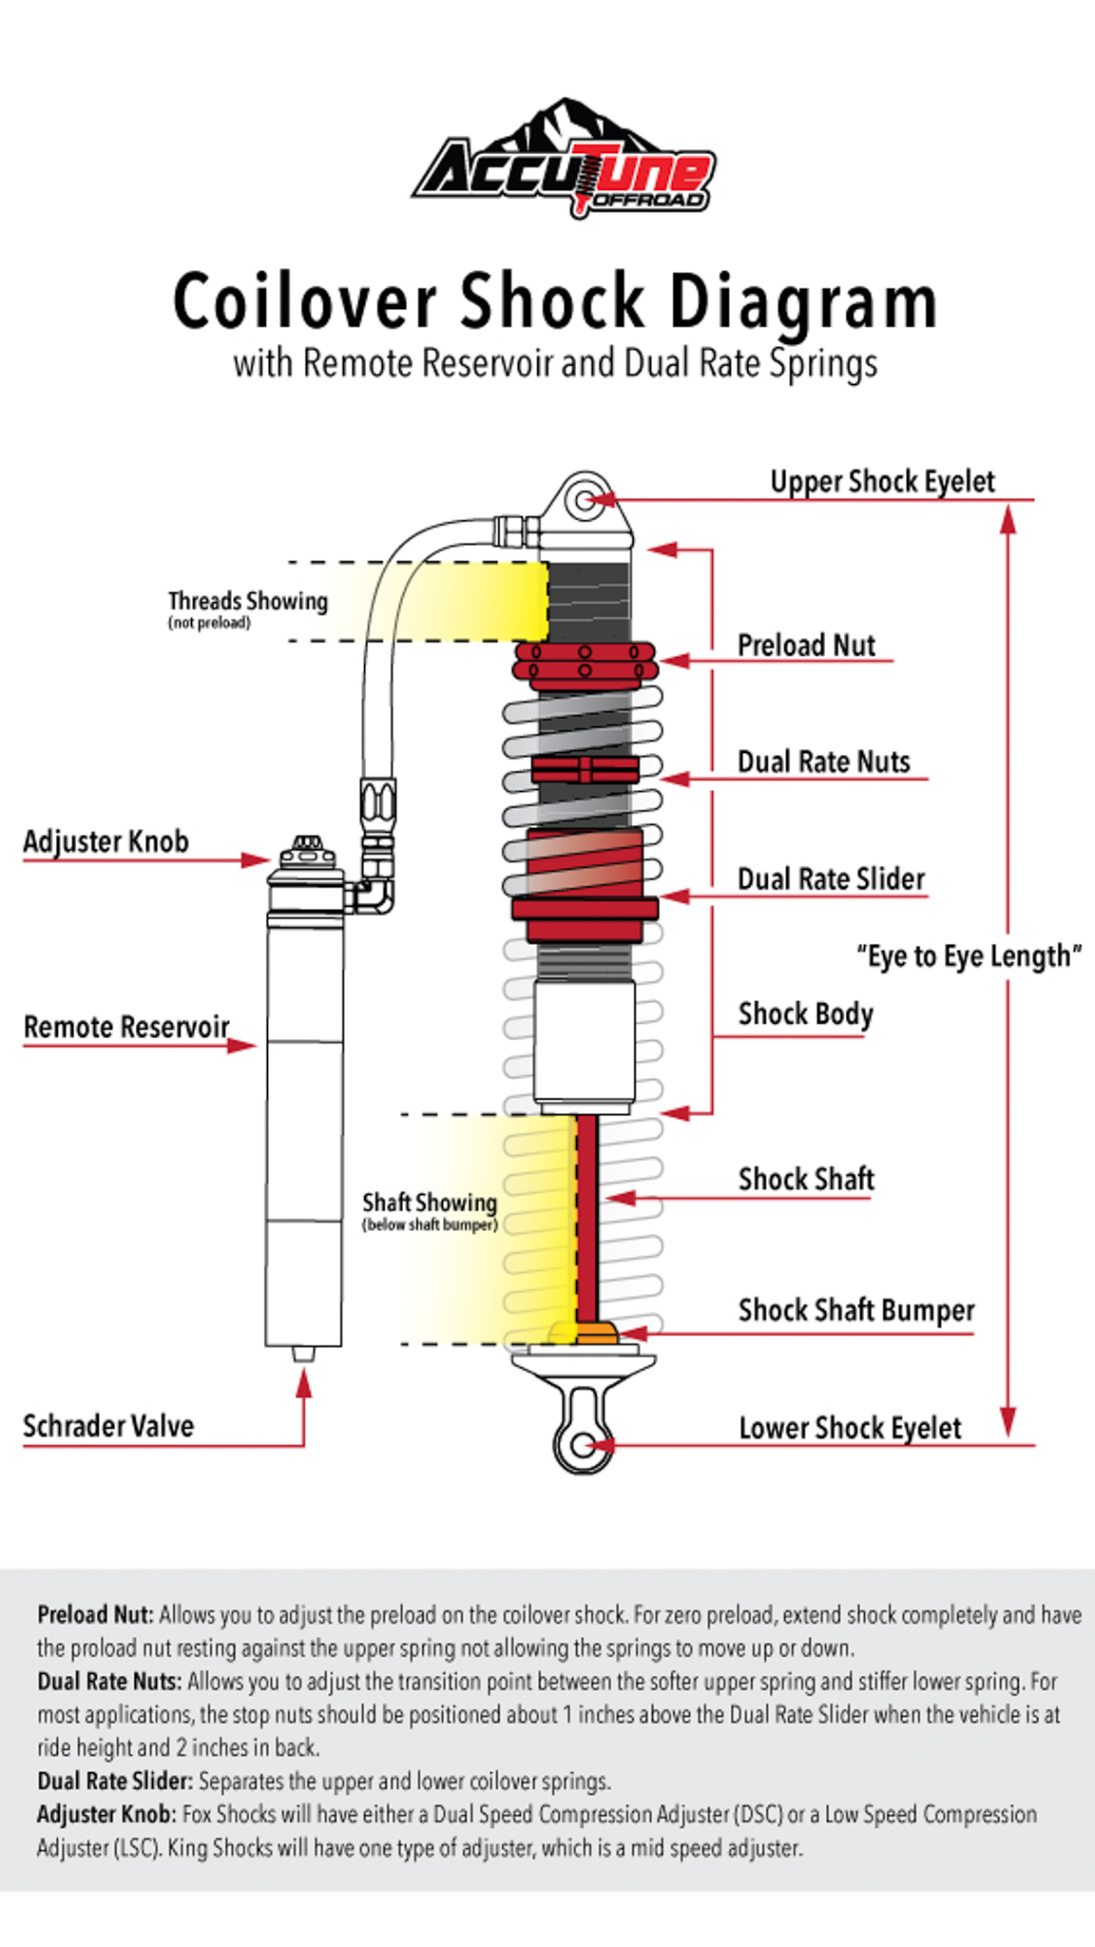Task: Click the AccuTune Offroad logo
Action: [x=564, y=162]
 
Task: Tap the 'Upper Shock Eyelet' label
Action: [x=882, y=482]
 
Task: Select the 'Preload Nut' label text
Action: [x=806, y=646]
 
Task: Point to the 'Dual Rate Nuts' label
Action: [x=823, y=762]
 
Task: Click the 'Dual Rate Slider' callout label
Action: [x=831, y=879]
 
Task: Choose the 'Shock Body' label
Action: [x=805, y=1014]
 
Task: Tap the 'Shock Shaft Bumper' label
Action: [x=855, y=1310]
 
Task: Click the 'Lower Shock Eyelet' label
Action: [x=850, y=1428]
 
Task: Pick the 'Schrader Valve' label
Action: [x=108, y=1426]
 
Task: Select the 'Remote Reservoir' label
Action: [x=126, y=1027]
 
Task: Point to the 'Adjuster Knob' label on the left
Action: [x=106, y=841]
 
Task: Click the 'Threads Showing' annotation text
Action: [x=247, y=602]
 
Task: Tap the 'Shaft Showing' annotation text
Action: [x=430, y=1204]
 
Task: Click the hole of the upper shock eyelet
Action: [x=586, y=500]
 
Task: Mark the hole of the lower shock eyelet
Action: [x=583, y=1446]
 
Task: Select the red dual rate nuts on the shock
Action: [x=585, y=769]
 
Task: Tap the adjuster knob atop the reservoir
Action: [x=304, y=845]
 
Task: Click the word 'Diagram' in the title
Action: [x=803, y=302]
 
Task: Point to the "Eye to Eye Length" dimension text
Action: [x=969, y=956]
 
